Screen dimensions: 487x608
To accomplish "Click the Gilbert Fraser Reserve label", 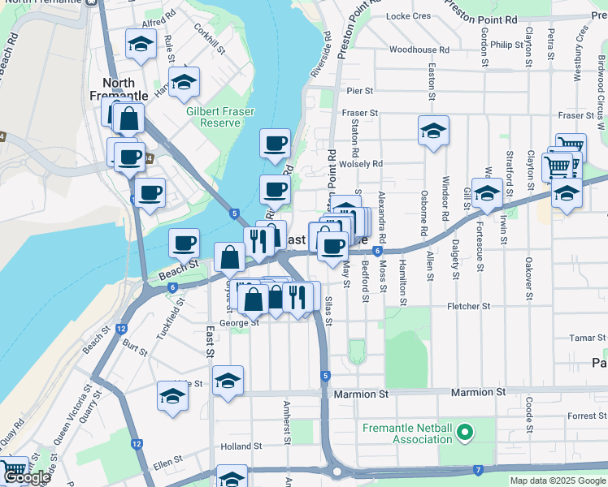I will click(x=213, y=117).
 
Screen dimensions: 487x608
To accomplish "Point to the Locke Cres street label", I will click(x=408, y=15).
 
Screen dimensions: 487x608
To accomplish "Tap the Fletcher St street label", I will click(x=469, y=307).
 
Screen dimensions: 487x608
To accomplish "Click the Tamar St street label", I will click(x=588, y=338).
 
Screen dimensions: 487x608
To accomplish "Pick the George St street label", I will click(x=239, y=322).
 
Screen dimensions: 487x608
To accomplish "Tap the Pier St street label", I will click(x=359, y=92).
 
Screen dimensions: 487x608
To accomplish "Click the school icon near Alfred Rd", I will click(x=141, y=45).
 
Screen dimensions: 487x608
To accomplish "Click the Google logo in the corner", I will click(x=27, y=477).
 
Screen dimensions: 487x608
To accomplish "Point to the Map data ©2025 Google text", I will click(x=558, y=481).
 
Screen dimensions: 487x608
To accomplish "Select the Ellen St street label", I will click(x=167, y=467).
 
